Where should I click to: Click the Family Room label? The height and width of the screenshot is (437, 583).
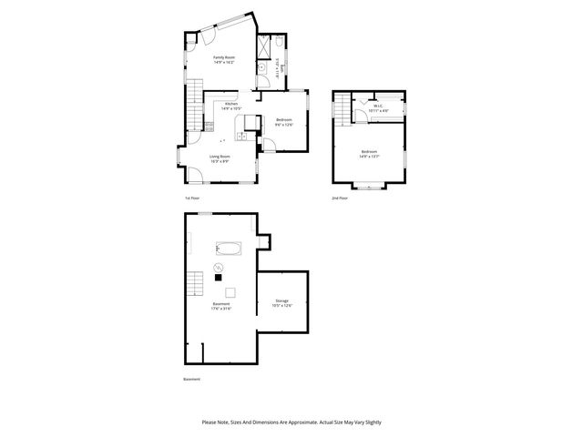[224, 61]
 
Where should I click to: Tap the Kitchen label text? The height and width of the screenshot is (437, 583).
[224, 107]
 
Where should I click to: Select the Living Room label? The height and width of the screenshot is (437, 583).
[220, 158]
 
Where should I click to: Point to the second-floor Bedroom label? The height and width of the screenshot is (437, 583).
[369, 154]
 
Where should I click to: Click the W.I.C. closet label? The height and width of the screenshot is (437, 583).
[379, 108]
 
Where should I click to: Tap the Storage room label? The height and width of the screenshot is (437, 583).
[283, 303]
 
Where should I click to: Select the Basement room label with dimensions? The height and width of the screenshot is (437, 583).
[221, 306]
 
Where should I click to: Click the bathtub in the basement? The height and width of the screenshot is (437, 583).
[227, 248]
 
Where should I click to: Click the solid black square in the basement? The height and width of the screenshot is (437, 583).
[218, 277]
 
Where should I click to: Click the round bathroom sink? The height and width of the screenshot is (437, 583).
[261, 69]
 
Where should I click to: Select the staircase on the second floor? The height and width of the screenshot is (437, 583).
[340, 110]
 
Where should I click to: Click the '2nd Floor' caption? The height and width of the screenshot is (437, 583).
[340, 198]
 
